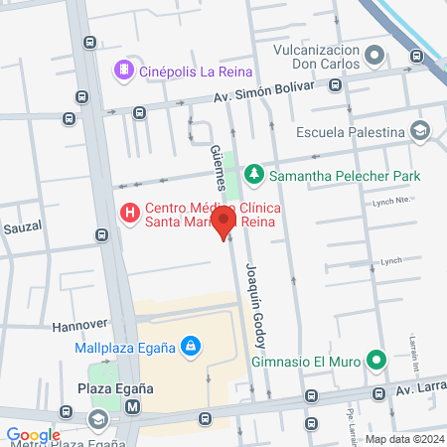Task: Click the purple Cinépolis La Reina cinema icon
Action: [123, 70]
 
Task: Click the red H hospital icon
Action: [128, 214]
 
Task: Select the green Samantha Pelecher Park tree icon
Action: [254, 176]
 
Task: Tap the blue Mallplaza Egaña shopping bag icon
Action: [190, 347]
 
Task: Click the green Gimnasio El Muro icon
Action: [375, 359]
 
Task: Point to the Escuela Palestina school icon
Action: [420, 131]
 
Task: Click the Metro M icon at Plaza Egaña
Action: [132, 406]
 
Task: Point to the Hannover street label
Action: [78, 325]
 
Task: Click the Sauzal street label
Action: [21, 227]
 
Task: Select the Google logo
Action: [33, 434]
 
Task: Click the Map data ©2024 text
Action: [402, 438]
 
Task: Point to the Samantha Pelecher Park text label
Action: [345, 176]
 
